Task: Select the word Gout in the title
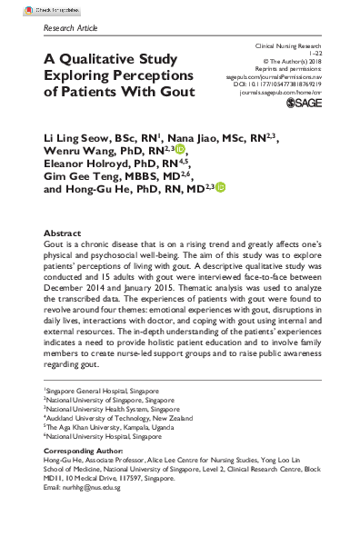click(175, 92)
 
